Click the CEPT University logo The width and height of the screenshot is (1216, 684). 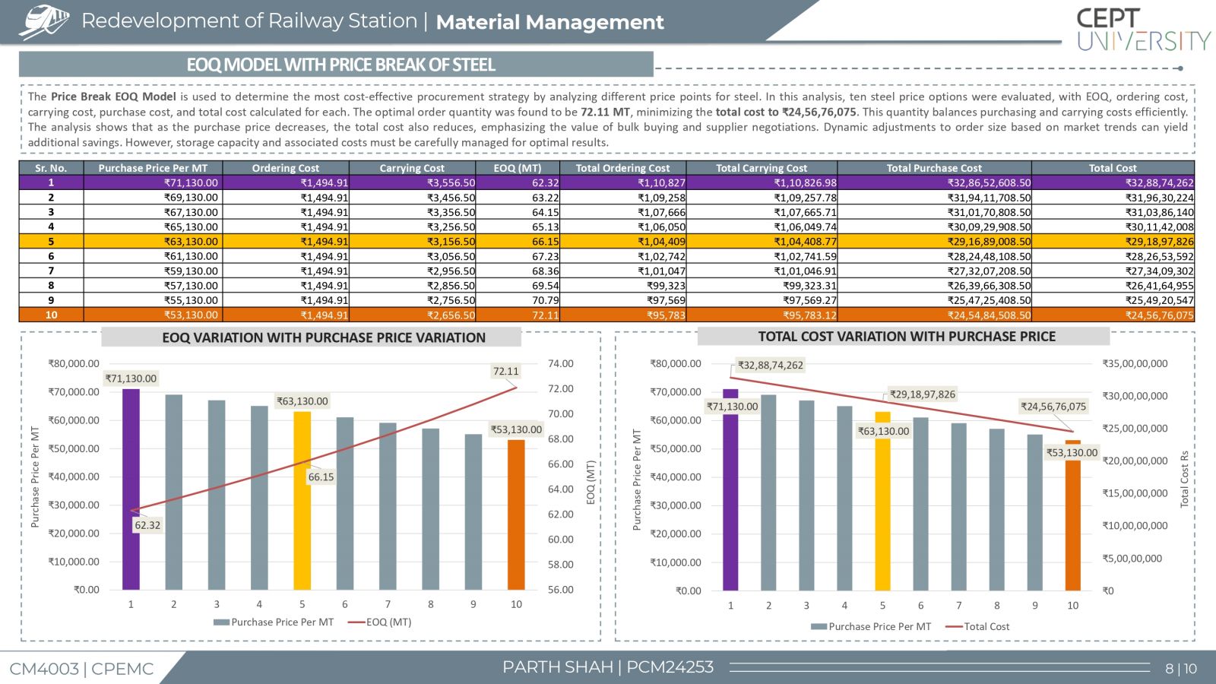coord(1143,30)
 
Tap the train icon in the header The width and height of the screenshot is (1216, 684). coord(44,22)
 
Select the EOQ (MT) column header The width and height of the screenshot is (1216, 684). coord(518,168)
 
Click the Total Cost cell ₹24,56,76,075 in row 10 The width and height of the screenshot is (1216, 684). coord(1160,315)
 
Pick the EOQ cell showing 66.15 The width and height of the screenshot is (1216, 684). coord(545,242)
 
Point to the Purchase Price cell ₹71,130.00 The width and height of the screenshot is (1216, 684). coord(191,183)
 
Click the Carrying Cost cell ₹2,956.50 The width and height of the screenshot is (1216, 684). coord(451,271)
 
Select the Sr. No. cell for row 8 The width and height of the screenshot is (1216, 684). coord(51,286)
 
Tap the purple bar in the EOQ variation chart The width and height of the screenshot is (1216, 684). coord(131,489)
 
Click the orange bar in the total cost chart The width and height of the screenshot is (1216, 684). coord(1072,515)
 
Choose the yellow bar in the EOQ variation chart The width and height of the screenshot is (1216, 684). coord(302,501)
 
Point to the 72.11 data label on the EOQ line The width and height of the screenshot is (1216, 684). coord(505,372)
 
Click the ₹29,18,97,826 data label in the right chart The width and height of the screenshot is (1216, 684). coord(923,394)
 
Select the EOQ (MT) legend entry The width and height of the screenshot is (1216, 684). coord(380,622)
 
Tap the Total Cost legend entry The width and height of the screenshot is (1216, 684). coord(977,626)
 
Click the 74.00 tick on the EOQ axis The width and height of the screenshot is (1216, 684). coord(561,364)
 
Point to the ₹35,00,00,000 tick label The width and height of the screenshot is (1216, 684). coord(1135,364)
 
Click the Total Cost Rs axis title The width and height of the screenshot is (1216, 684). coord(1185,479)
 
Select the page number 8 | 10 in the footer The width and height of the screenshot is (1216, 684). coord(1181,669)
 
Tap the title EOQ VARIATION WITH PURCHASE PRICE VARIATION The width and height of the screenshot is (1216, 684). coord(324,337)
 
